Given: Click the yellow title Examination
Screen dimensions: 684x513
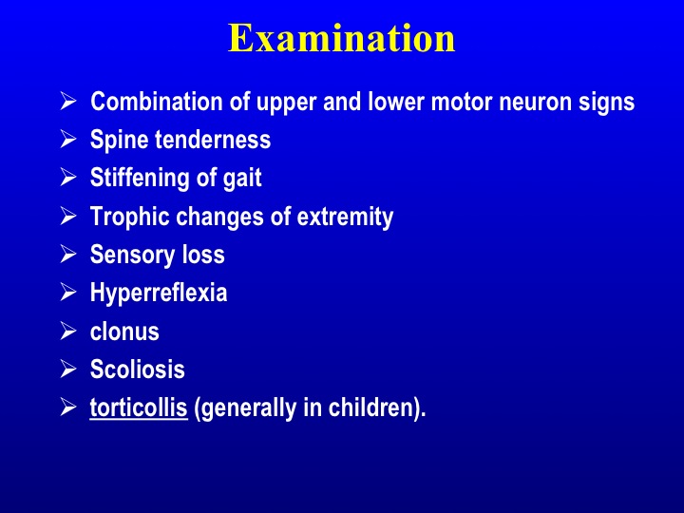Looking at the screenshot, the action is (342, 38).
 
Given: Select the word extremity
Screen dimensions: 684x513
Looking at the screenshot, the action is (345, 218).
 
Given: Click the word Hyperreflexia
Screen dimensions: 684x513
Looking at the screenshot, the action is (159, 293).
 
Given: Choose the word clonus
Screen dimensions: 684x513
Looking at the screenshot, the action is (124, 332).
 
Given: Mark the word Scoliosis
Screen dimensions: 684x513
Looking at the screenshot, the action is (138, 369).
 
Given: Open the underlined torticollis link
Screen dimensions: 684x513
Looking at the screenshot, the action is (139, 408).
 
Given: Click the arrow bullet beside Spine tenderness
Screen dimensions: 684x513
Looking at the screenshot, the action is (68, 139).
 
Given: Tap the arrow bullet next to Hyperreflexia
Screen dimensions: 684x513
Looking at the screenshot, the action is (68, 292).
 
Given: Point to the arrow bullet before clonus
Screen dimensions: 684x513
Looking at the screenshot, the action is (68, 331).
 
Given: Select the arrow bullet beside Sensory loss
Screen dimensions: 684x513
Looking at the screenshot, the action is (68, 254).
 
